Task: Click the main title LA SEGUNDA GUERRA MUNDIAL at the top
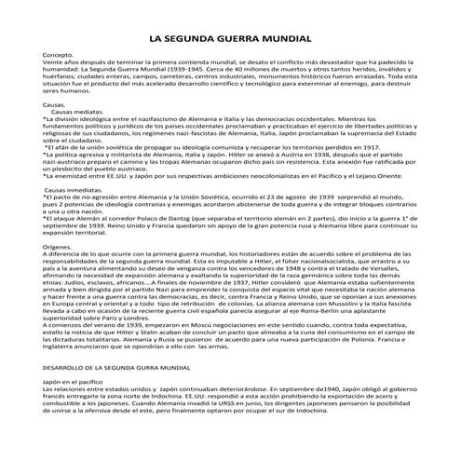pos(230,38)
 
